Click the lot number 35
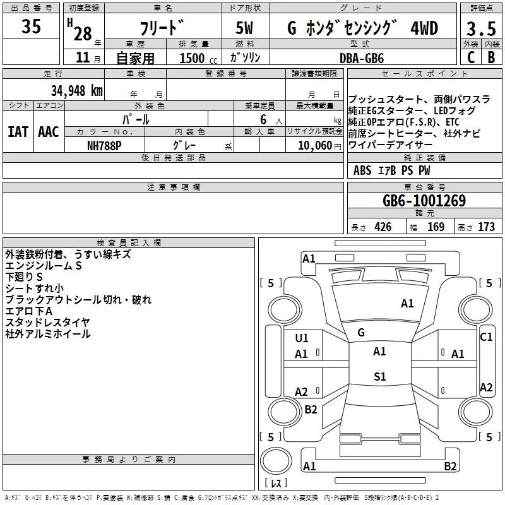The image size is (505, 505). (x=31, y=27)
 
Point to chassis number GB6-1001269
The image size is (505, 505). (x=424, y=201)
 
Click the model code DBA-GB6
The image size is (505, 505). (x=361, y=57)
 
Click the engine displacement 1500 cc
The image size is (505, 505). (x=194, y=58)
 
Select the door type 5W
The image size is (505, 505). (x=246, y=28)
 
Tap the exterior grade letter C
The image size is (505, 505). (x=470, y=57)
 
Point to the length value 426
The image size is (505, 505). (x=383, y=227)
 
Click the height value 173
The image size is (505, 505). (x=486, y=227)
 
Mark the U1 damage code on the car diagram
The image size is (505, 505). (x=302, y=338)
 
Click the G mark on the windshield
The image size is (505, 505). (x=361, y=333)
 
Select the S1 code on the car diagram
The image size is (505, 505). (x=379, y=377)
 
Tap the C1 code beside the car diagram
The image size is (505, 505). (x=486, y=337)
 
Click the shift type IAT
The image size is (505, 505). (x=18, y=132)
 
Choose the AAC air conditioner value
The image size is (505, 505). (x=48, y=132)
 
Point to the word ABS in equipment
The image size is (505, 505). (x=362, y=170)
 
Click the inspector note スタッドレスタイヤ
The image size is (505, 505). (x=47, y=323)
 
